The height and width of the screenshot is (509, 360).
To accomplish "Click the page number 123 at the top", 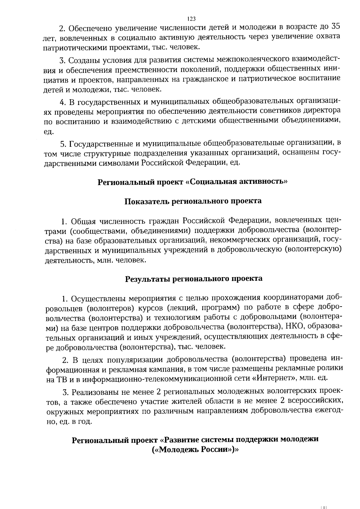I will coord(191,19).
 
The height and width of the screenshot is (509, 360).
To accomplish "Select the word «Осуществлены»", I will coord(97,299).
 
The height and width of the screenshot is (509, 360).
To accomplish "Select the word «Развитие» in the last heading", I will coord(182,440).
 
